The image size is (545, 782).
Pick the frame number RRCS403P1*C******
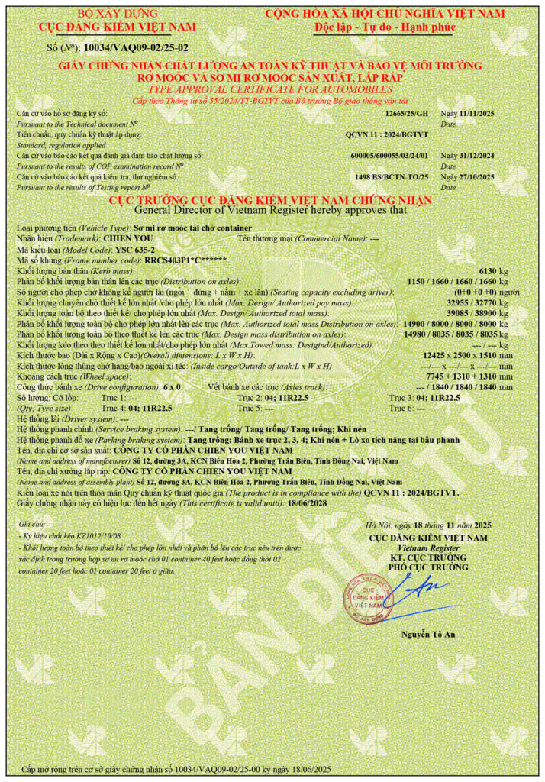[186, 260]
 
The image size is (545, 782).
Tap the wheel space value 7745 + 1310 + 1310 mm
[471, 377]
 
